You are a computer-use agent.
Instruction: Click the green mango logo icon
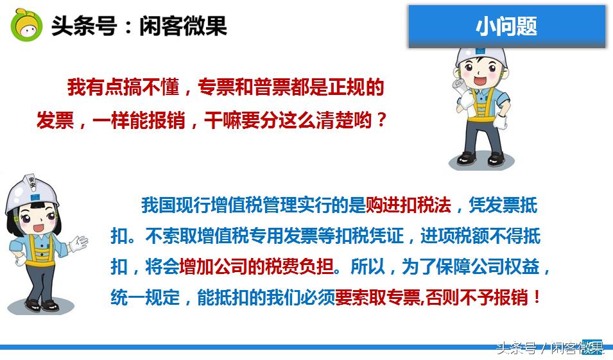click(26, 26)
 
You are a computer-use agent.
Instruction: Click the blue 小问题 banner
click(506, 26)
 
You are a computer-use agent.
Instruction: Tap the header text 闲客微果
click(183, 26)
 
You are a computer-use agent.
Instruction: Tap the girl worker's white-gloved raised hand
click(78, 243)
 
